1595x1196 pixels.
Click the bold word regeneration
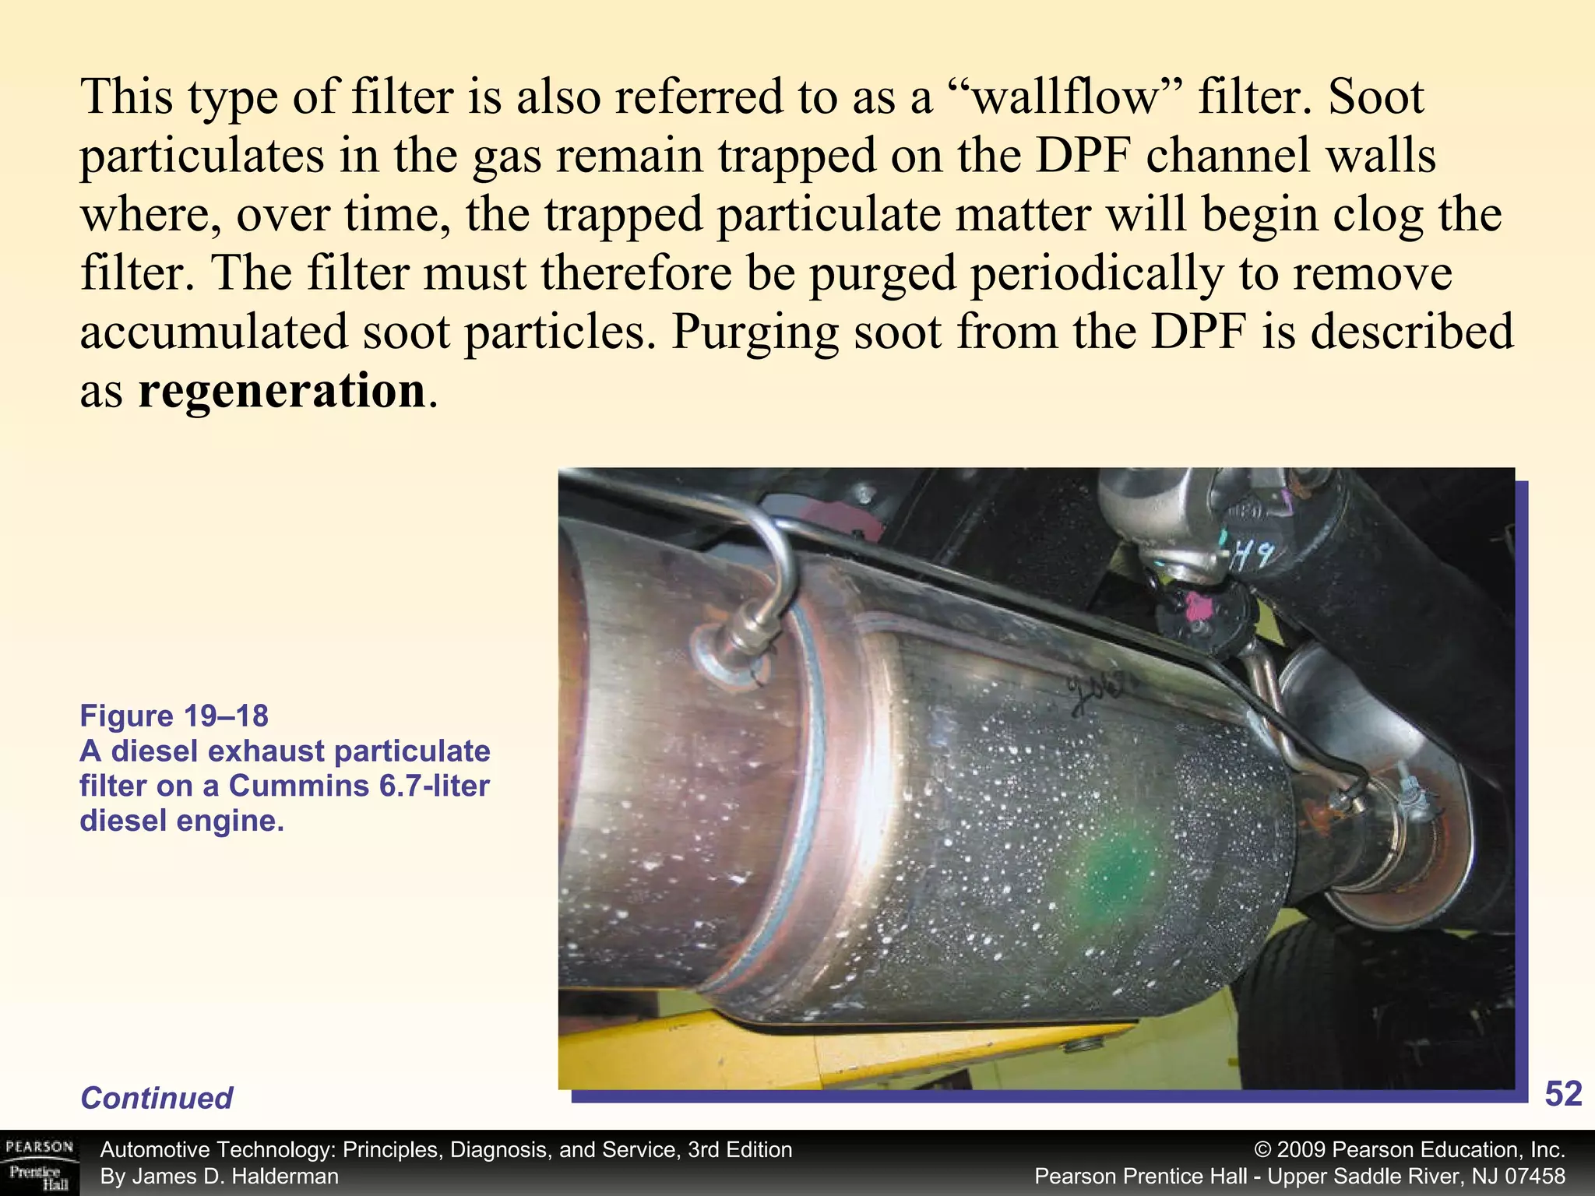pos(281,391)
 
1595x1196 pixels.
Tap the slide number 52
pos(1562,1094)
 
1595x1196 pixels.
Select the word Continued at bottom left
pos(157,1098)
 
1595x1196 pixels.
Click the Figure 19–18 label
pos(174,716)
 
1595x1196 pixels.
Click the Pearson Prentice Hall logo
pos(39,1163)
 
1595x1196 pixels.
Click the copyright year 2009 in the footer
pos(1302,1150)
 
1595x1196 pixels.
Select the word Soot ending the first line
pos(1376,97)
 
